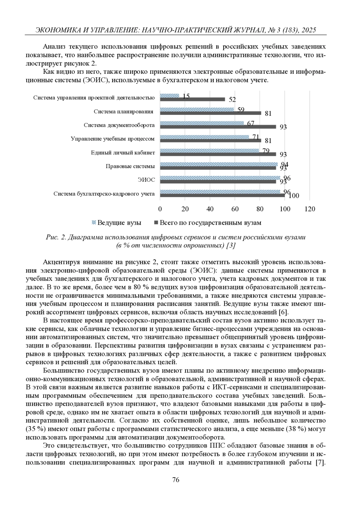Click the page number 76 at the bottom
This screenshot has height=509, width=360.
coord(176,480)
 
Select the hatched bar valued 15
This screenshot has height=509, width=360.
coord(169,96)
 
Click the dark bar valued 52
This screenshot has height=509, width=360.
coord(192,99)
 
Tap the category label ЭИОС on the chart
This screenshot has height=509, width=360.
coord(146,180)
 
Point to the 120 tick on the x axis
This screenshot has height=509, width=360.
coord(310,209)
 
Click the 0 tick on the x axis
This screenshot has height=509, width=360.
coord(160,209)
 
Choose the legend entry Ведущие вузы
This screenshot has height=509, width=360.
coord(116,223)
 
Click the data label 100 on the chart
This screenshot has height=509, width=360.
coord(294,196)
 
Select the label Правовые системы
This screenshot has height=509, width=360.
coord(130,166)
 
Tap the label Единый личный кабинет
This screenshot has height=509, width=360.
coord(123,153)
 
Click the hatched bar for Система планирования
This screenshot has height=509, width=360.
coord(197,109)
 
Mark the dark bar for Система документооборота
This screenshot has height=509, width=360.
coord(218,127)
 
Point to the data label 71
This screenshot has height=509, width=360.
coord(256,137)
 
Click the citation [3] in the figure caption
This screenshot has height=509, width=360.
coord(231,245)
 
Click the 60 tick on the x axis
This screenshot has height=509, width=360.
coord(235,209)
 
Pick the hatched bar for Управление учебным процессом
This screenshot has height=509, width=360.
coord(205,137)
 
